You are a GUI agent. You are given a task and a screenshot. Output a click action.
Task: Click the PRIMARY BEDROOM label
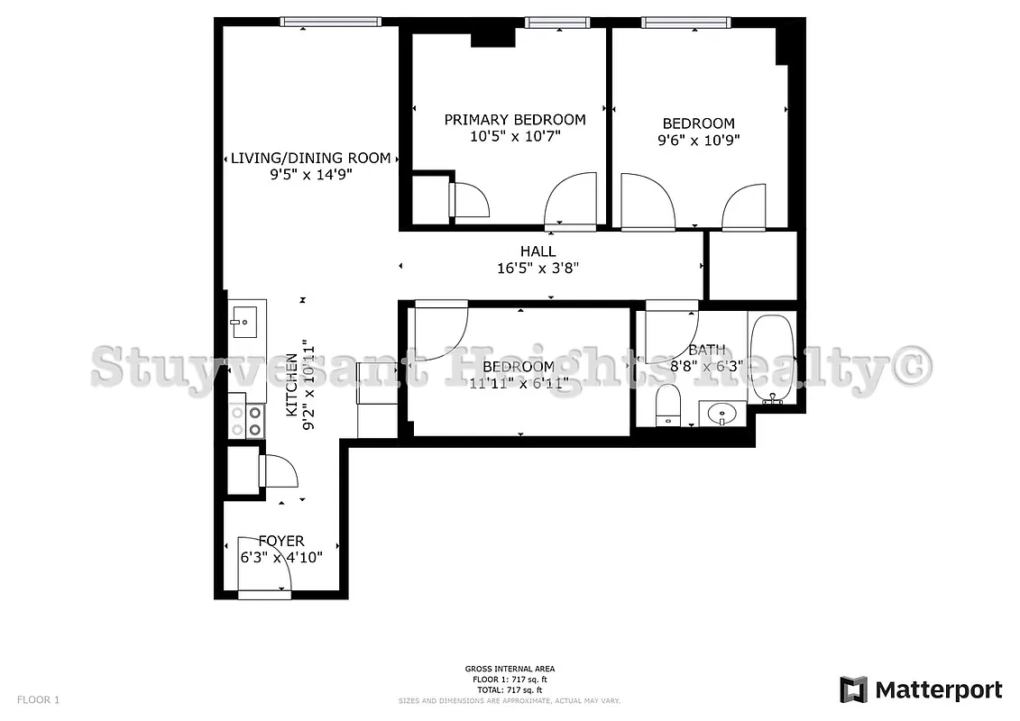click(514, 120)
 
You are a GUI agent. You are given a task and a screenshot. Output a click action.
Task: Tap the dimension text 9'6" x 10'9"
click(698, 141)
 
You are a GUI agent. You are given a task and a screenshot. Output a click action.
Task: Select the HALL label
click(538, 251)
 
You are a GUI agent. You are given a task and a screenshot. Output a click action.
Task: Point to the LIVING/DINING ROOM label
click(310, 158)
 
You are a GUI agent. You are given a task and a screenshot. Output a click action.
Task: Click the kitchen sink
click(243, 320)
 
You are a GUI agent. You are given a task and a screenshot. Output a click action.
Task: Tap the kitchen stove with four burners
click(255, 422)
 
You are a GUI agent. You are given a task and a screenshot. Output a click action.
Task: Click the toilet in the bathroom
click(668, 405)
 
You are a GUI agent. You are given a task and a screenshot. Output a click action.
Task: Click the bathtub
click(771, 357)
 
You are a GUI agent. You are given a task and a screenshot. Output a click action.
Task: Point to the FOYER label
click(281, 541)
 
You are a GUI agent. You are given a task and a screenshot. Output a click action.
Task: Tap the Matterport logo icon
click(853, 689)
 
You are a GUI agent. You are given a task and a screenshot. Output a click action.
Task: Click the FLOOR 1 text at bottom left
click(38, 699)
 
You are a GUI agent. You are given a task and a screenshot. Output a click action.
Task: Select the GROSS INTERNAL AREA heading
click(510, 669)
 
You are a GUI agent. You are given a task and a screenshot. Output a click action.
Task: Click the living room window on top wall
click(330, 22)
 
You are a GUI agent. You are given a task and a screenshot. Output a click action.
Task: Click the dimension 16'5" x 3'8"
click(538, 268)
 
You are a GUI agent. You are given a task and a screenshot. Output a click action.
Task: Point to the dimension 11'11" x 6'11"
click(518, 384)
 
